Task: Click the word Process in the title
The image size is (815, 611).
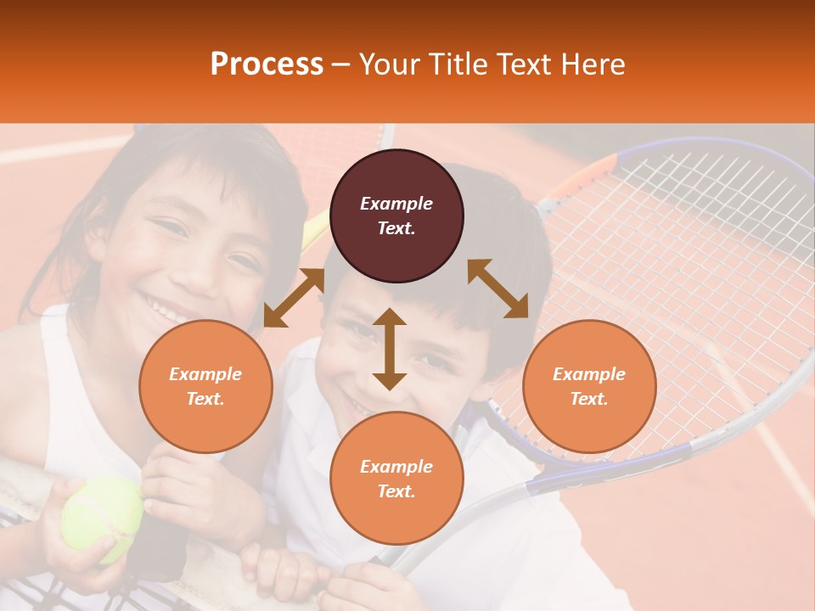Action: tap(267, 64)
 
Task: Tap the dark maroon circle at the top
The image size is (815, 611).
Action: tap(396, 216)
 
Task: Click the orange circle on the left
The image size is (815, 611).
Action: tap(205, 386)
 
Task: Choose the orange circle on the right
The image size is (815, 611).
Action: tap(589, 386)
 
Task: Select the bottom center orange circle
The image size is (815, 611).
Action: tap(396, 478)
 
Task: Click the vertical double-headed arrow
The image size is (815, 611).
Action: tap(390, 349)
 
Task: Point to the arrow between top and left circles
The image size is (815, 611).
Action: tap(294, 297)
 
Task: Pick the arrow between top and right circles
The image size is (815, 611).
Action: tap(497, 289)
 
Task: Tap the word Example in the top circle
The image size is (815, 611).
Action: tap(396, 204)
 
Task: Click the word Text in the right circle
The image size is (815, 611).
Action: tap(587, 399)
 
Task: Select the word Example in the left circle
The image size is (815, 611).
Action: tap(205, 374)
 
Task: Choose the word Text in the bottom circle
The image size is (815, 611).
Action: tap(395, 491)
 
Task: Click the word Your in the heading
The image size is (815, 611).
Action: tap(391, 64)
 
